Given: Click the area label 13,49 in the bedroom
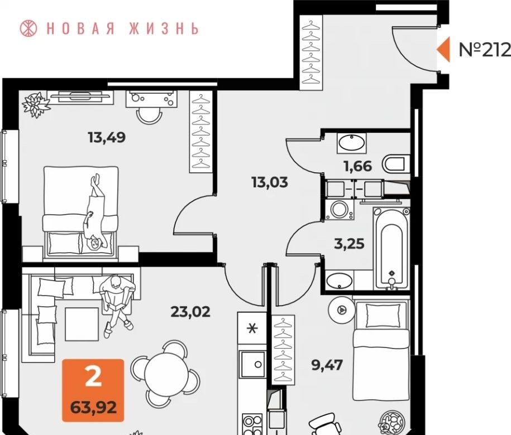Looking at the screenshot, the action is coord(107,138).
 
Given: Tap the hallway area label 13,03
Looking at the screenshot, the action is coord(270,182).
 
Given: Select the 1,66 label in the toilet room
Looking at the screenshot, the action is coord(357,166).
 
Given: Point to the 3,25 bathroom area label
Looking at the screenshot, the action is coord(350,243).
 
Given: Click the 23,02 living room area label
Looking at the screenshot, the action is coord(190,312).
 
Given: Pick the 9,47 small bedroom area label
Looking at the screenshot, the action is coord(327,365).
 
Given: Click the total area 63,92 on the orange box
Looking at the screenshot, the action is coord(93,407).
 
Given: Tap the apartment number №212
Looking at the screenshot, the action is coord(485,50).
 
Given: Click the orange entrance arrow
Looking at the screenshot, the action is coord(443,49).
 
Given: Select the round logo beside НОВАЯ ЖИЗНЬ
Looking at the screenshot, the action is coord(28,28).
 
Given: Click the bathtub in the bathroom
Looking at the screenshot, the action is coord(391,248).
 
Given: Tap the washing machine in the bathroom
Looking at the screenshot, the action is coord(339,209).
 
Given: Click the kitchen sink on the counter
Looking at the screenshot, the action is coord(253,364).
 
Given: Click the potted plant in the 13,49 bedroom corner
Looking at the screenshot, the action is coord(36,104).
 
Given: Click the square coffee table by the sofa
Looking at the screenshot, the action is coord(82,324).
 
